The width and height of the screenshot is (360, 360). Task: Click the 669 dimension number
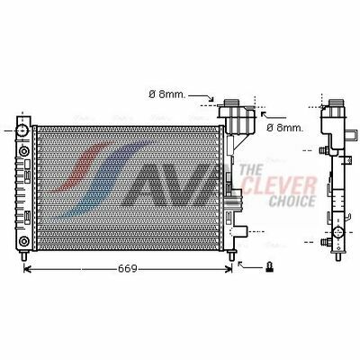coord(128,268)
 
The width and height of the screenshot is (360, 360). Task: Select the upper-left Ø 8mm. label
coord(167,94)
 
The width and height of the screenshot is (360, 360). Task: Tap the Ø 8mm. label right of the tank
coord(285,128)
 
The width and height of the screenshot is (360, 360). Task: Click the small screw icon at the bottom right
coord(270,266)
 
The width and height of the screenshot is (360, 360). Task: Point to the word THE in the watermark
coord(251,170)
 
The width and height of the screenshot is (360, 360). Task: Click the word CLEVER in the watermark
coord(278,186)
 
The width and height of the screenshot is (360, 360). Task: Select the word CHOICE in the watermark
coord(292,201)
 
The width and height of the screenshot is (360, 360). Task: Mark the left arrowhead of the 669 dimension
coord(27,268)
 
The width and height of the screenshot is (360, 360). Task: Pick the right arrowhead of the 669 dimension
coord(229,268)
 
